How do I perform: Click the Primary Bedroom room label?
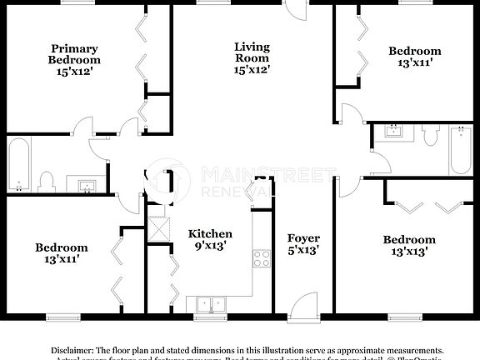74,53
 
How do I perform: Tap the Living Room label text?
251,52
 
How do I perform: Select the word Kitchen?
209,234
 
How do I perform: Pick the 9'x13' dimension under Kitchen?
209,247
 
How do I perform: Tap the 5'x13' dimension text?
302,248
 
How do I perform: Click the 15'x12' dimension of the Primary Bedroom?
74,72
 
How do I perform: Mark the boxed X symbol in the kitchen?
156,227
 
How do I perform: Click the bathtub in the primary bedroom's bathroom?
21,163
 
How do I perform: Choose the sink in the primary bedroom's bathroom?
87,184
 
